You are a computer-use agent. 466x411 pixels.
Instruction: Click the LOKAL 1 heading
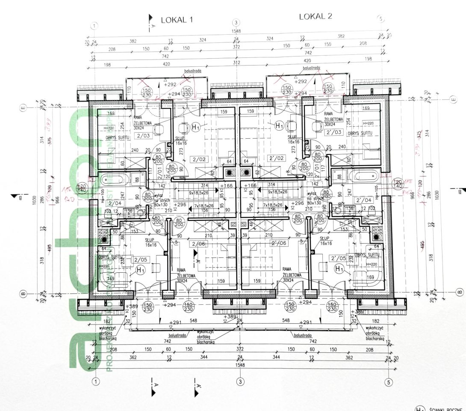[177, 20]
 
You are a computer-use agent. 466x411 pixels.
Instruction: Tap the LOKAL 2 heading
[316, 17]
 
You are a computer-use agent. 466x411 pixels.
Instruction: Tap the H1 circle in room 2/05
[140, 270]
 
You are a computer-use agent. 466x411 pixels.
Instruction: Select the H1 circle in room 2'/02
[279, 126]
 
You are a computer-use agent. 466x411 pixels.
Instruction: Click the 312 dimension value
[236, 63]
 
